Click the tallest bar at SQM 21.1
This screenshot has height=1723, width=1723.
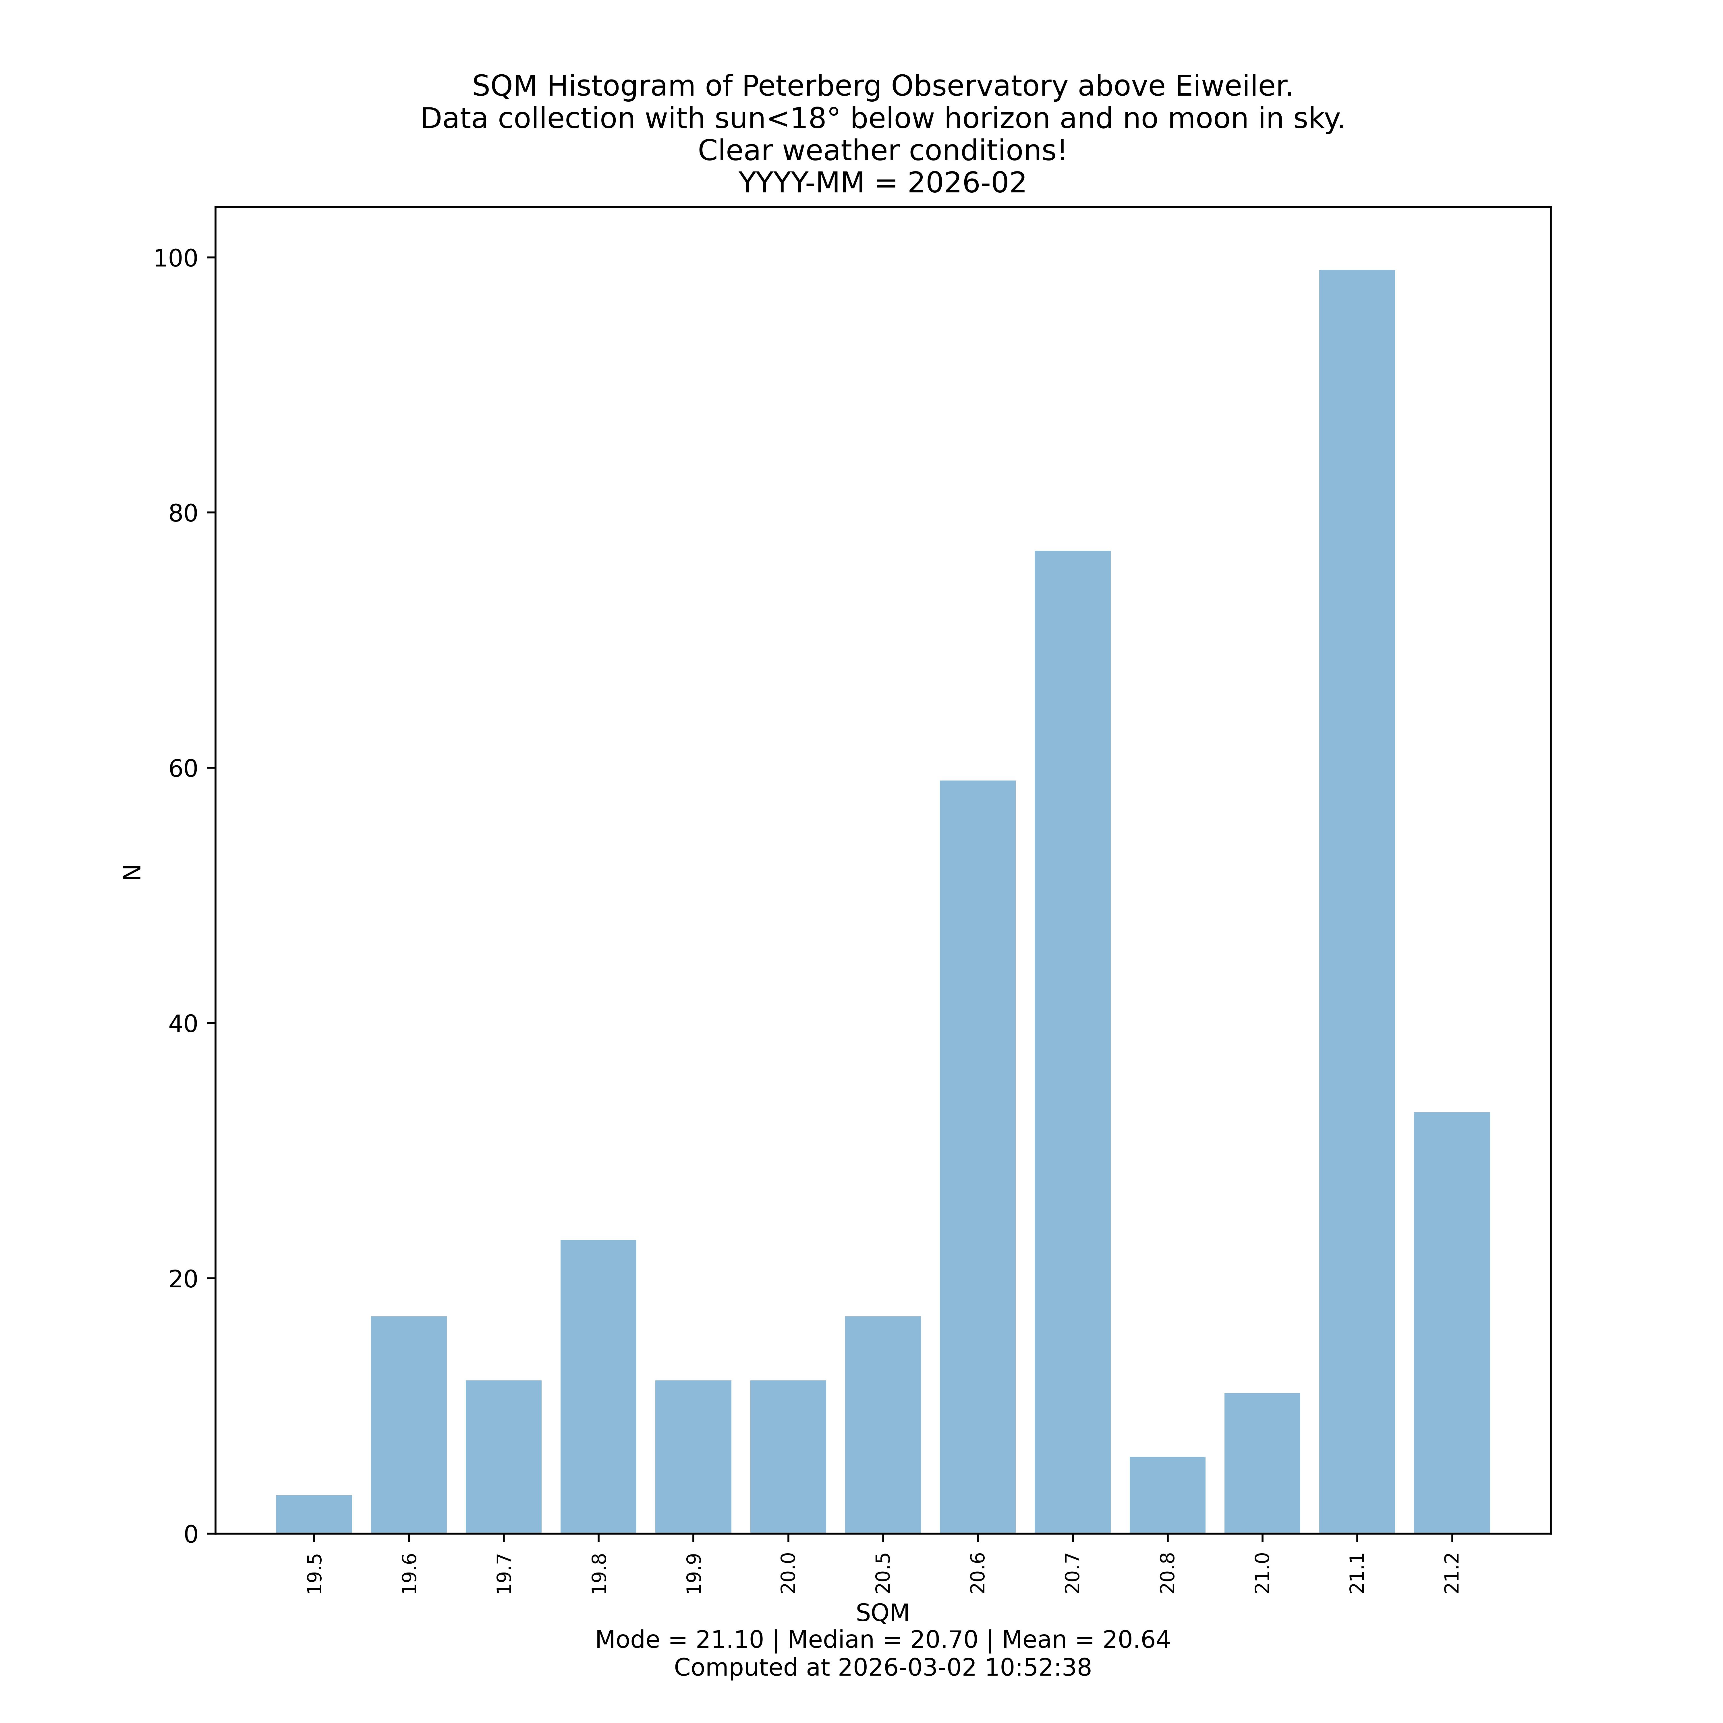(x=1357, y=901)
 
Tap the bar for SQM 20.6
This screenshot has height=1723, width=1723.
(x=978, y=1157)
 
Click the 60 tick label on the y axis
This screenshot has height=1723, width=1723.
(x=181, y=769)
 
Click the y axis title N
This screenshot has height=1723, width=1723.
(x=132, y=871)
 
